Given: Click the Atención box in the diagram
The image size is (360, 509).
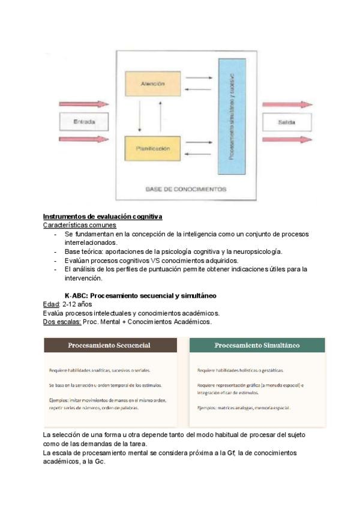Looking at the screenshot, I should point(153,84).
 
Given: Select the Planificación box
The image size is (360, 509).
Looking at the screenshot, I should point(153,148).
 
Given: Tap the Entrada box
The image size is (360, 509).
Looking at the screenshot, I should point(84,122).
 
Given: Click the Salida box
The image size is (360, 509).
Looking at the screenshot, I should point(287,122).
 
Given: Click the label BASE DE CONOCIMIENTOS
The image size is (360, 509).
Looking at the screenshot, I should point(186,189).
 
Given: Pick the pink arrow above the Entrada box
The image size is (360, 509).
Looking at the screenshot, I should point(84,104).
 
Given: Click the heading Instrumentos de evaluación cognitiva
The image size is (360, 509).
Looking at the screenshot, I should point(103,216).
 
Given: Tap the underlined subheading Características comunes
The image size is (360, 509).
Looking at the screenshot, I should point(80,225).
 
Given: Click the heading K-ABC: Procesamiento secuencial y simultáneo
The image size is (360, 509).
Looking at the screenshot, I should point(140,296).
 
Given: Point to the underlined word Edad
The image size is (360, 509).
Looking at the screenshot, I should point(51,304).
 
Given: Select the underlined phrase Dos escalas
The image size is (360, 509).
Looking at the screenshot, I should point(62,322).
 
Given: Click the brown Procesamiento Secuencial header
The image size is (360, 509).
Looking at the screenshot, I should point(110,346).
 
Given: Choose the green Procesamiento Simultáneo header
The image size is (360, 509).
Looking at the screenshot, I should point(257,346).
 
